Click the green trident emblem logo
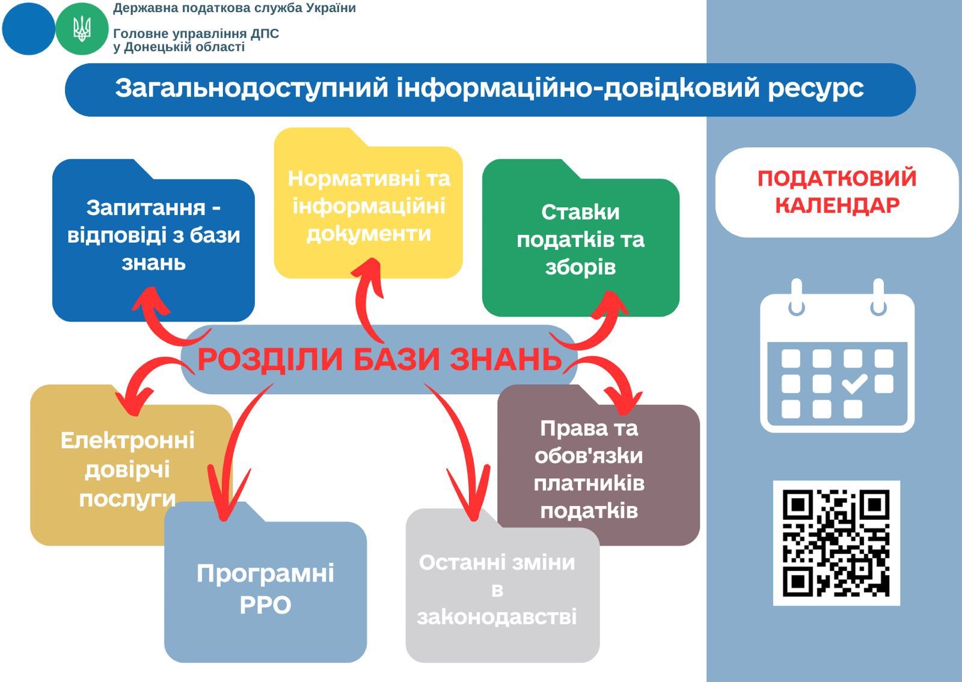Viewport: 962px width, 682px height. tap(82, 29)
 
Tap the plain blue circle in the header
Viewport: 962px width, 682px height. tap(29, 29)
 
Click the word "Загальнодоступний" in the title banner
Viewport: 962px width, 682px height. tap(252, 88)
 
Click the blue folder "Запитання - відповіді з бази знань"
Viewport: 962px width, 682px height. tap(153, 240)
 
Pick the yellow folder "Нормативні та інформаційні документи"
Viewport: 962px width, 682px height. tap(369, 203)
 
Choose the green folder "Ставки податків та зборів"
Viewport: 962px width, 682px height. tap(581, 238)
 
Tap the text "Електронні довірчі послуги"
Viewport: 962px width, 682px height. tap(127, 469)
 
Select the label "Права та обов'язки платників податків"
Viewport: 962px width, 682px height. tap(589, 469)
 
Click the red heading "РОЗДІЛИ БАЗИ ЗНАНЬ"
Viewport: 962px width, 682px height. tap(380, 359)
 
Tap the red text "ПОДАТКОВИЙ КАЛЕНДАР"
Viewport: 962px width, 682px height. tap(837, 192)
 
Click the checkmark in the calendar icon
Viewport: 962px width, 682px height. tap(854, 383)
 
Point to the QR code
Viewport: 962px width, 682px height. tap(836, 543)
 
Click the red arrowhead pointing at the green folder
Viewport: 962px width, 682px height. tap(610, 305)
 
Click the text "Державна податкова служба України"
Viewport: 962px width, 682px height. tap(234, 8)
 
